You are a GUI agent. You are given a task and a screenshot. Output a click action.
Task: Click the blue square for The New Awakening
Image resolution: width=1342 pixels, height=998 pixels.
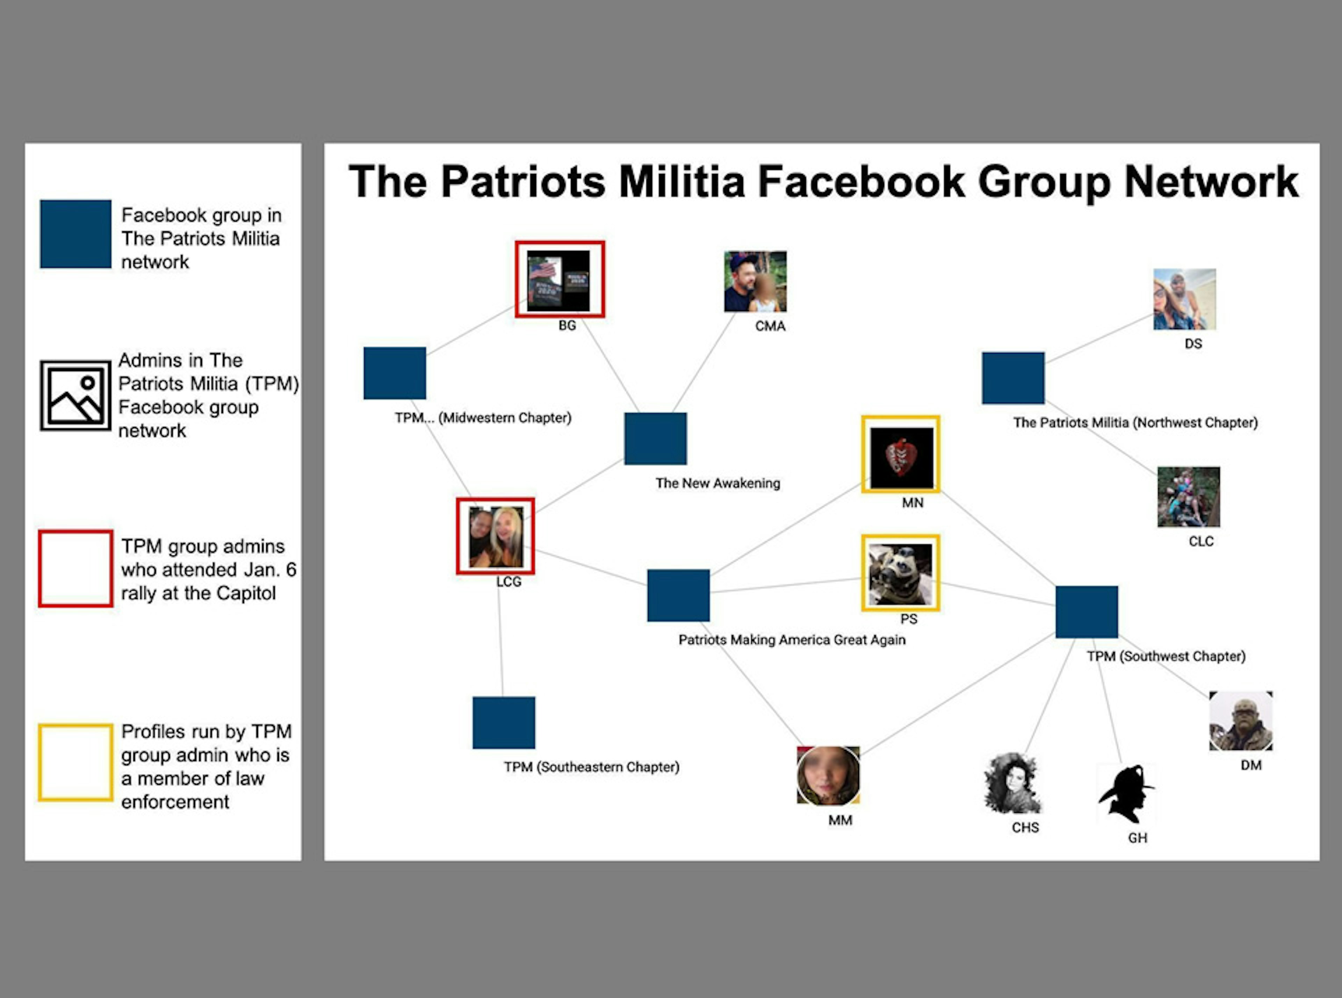pos(656,439)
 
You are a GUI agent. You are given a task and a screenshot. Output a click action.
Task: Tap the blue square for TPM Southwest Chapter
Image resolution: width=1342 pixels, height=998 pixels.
pos(1087,612)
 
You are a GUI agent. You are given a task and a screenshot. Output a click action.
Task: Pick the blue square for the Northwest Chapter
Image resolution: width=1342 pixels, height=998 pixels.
pos(1013,378)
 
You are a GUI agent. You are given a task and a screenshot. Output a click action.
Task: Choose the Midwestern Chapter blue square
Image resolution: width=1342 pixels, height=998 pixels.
pos(395,373)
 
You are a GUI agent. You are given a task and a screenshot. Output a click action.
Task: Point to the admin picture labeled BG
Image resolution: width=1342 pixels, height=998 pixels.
pos(560,279)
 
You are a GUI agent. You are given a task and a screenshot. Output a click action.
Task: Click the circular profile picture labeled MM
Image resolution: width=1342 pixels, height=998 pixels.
pos(828,776)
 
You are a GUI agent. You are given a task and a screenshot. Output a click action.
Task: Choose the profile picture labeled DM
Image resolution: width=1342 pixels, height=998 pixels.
pos(1241,721)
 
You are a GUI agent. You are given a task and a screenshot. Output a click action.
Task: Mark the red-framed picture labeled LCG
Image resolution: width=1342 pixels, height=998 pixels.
pos(496,536)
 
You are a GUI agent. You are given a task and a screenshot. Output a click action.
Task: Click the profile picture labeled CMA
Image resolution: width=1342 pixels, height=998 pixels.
pos(755,282)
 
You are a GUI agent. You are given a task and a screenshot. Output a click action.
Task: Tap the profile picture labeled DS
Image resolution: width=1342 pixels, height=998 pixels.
pos(1184,299)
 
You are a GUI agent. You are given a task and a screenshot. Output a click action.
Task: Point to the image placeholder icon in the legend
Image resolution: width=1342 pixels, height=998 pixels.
pos(75,396)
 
